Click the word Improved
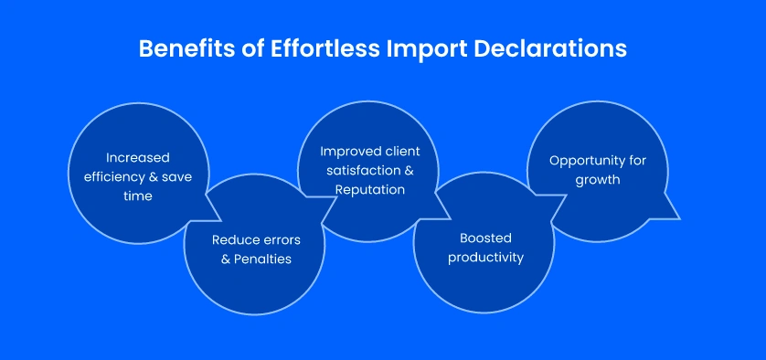pos(351,152)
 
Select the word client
pos(403,152)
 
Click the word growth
pos(598,179)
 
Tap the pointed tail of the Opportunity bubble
pos(675,217)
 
